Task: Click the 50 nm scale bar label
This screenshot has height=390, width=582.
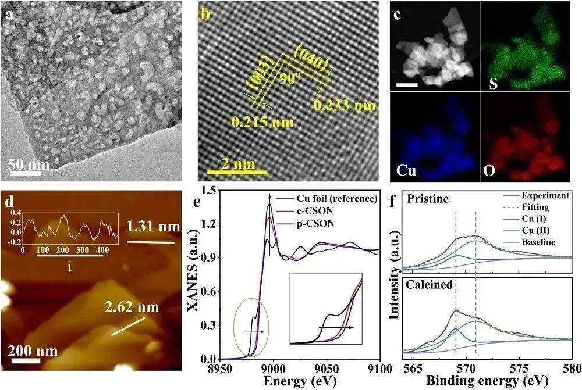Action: click(x=29, y=166)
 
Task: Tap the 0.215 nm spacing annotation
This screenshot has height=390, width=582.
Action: click(x=262, y=123)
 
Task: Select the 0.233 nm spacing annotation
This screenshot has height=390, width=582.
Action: click(x=344, y=105)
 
